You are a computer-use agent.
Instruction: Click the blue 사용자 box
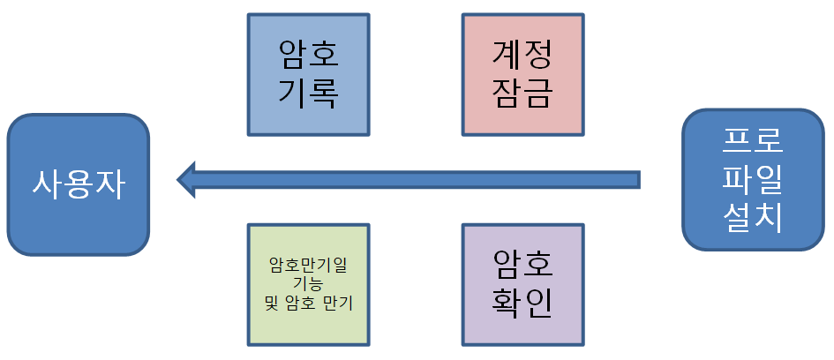(79, 184)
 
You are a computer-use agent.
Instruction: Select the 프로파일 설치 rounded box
(752, 180)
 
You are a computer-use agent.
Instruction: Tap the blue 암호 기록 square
(308, 75)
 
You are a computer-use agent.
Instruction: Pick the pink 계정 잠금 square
(522, 75)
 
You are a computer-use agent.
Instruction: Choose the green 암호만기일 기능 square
(308, 284)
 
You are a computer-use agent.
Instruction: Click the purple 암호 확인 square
(522, 284)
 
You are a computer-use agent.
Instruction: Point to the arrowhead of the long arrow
(187, 179)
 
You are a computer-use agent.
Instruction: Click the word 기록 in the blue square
(308, 93)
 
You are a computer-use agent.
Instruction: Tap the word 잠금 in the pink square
(522, 93)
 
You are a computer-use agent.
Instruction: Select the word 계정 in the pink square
(522, 56)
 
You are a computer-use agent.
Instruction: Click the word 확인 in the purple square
(522, 303)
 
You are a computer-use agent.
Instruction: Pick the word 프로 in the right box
(752, 141)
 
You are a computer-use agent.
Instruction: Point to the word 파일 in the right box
(752, 179)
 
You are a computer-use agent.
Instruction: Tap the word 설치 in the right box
(752, 217)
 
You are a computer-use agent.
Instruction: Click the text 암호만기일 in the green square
(308, 265)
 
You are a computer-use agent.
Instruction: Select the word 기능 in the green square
(308, 283)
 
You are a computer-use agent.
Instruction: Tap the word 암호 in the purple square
(522, 266)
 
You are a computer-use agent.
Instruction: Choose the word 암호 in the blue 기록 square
(308, 56)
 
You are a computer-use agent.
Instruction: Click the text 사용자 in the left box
(79, 184)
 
